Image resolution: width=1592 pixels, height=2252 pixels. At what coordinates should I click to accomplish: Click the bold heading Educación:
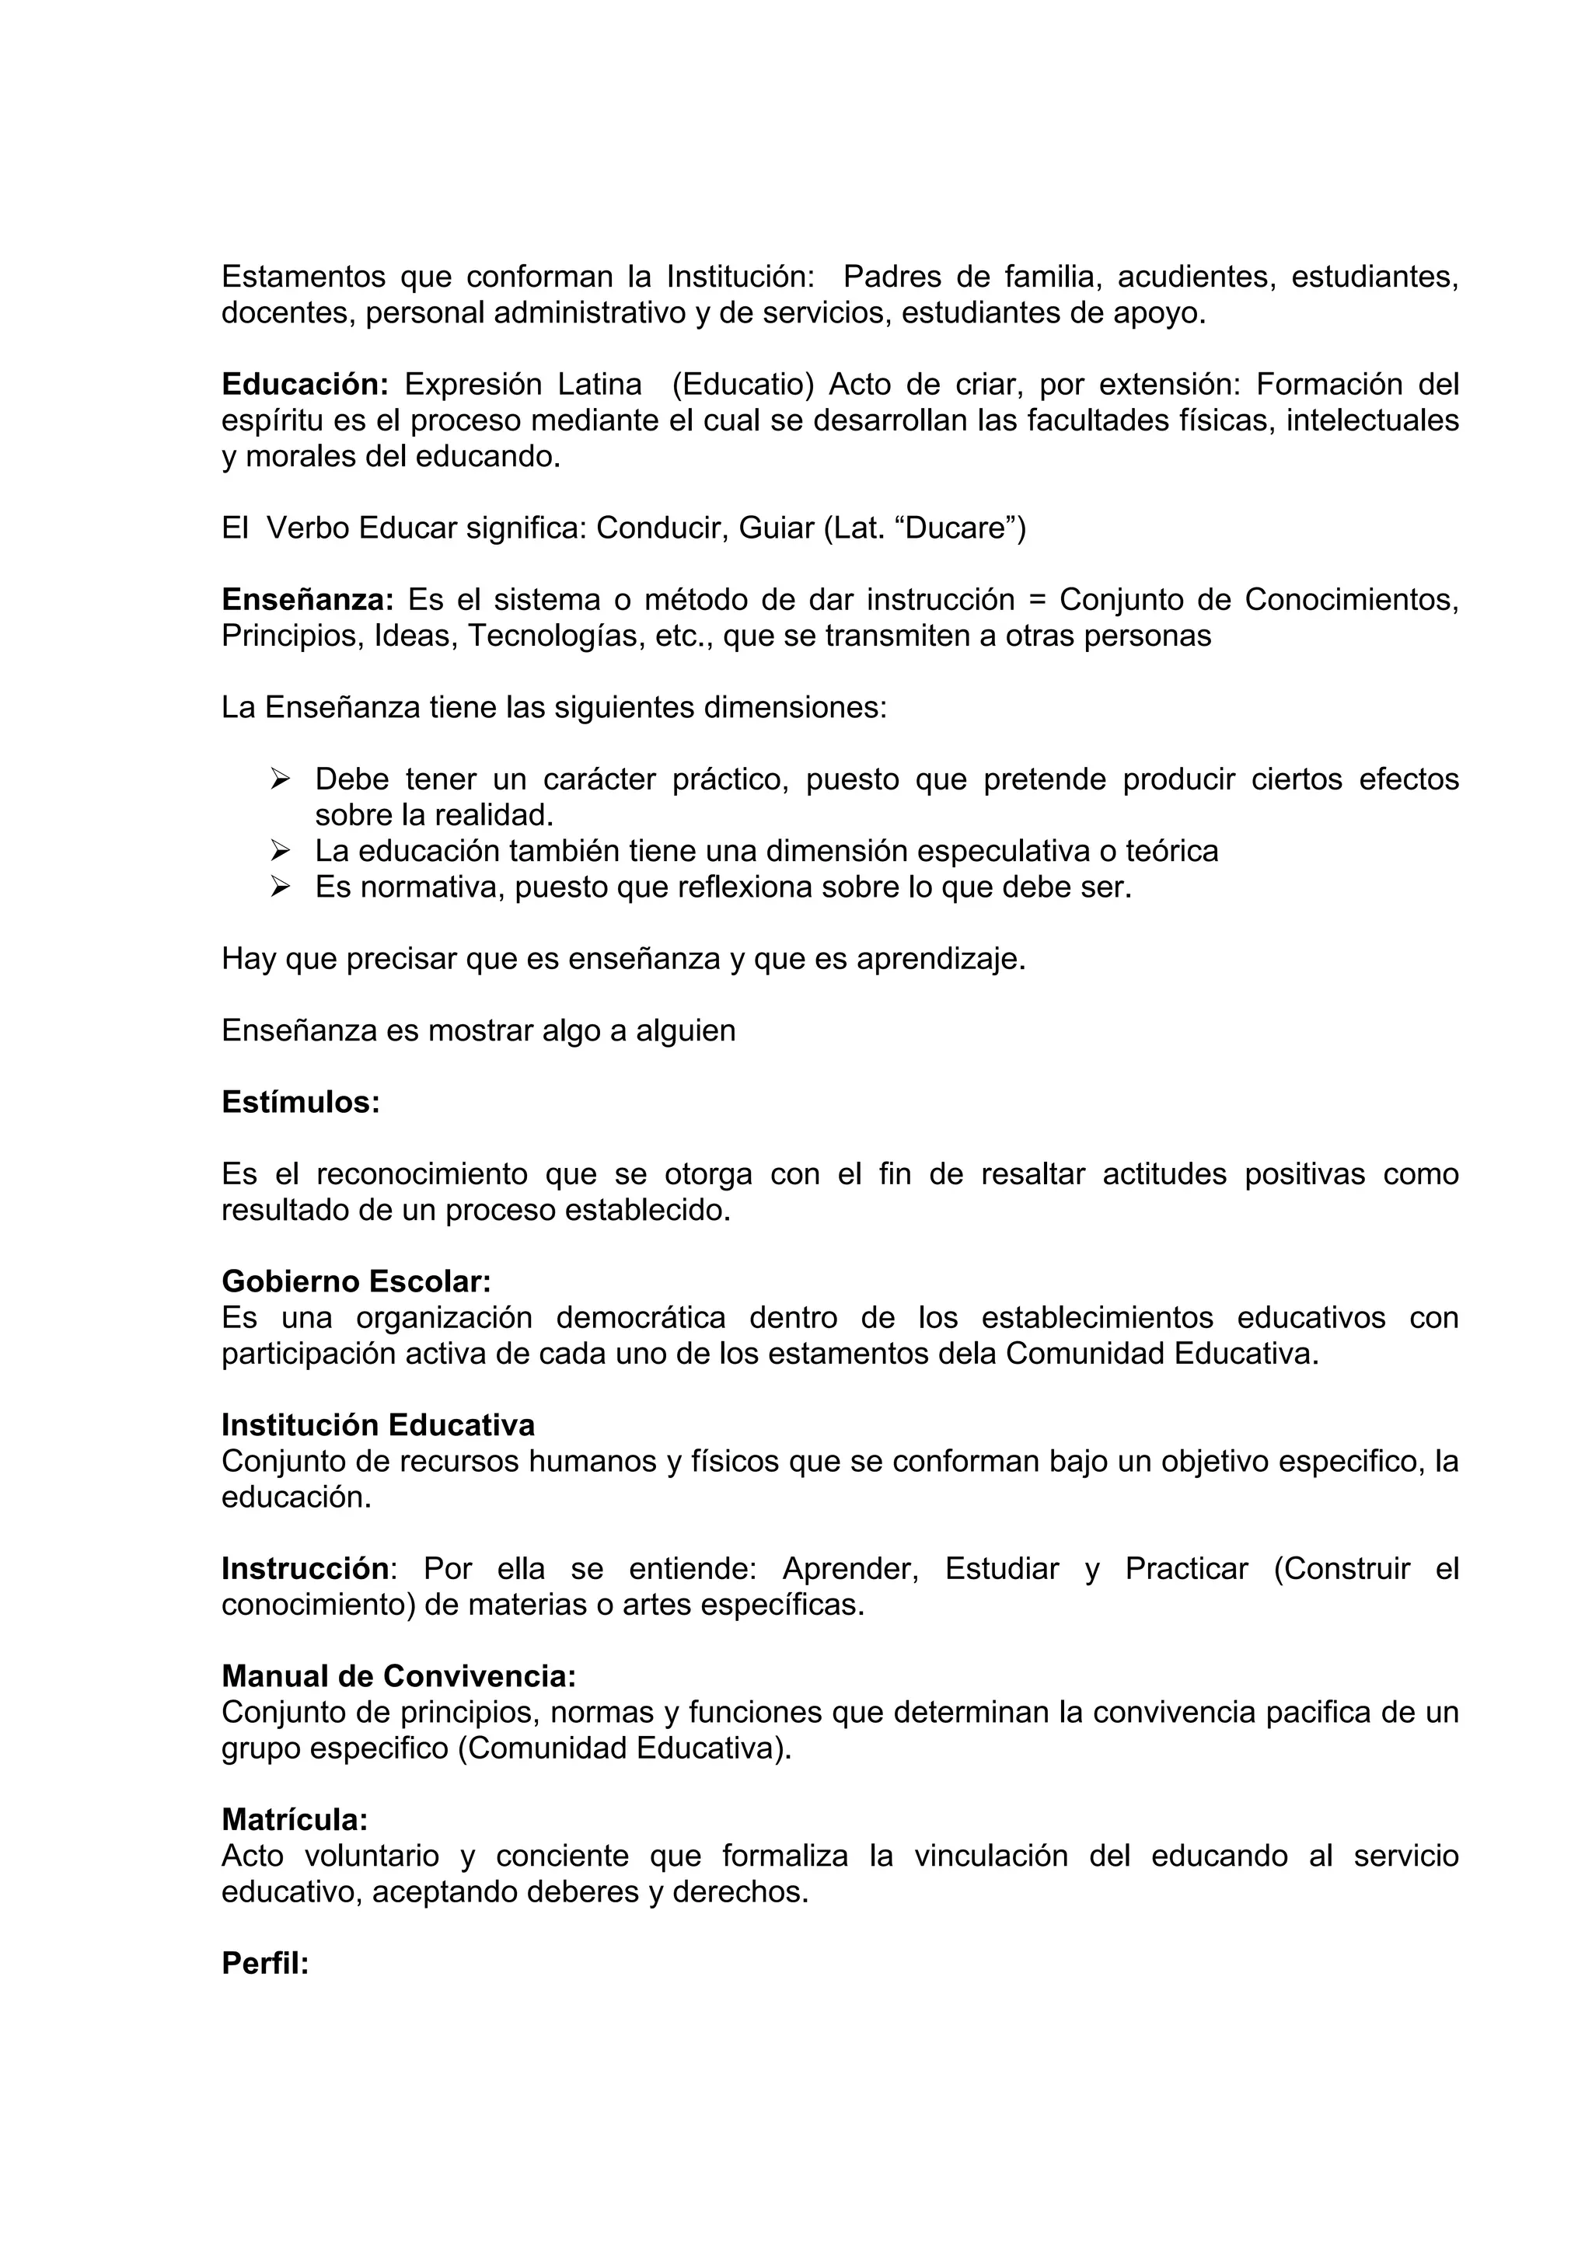point(305,385)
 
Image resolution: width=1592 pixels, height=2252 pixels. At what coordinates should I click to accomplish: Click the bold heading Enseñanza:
point(307,599)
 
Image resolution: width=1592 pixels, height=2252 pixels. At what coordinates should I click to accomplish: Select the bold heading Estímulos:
point(300,1103)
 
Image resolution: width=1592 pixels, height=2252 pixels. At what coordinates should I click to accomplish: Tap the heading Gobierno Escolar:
point(356,1281)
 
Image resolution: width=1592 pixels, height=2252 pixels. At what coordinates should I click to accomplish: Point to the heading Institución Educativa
point(378,1424)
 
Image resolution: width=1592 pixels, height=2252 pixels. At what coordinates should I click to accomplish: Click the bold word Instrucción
point(305,1568)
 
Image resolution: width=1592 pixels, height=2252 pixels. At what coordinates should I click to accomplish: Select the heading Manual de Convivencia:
point(398,1676)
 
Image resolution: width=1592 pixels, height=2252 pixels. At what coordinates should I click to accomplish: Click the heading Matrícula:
point(295,1819)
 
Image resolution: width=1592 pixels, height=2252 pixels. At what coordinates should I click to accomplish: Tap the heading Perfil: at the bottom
point(265,1963)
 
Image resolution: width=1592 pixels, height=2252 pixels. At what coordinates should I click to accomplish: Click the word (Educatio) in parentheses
point(742,385)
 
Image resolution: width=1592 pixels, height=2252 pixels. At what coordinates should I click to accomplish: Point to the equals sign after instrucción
point(1037,599)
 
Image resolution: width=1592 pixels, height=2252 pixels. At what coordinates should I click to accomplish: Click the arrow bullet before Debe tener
point(281,779)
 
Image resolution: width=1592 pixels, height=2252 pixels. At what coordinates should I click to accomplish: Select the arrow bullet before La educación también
point(281,850)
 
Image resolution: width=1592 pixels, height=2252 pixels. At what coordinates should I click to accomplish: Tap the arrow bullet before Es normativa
point(281,887)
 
